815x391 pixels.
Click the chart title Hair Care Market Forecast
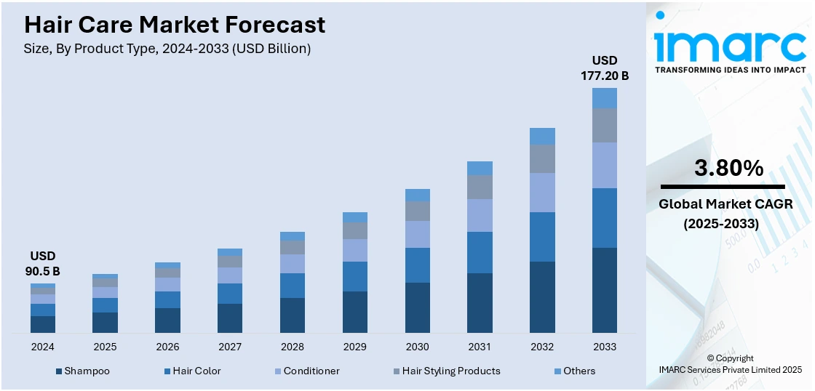pos(175,25)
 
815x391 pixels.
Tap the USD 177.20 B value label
pos(604,68)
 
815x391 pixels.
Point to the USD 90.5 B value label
pos(43,264)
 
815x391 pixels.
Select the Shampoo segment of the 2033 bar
pos(604,290)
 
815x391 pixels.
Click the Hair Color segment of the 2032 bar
pos(542,237)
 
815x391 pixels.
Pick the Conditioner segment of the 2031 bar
pos(480,215)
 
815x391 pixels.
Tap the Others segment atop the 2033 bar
pos(604,98)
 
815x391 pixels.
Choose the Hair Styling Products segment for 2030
pos(417,211)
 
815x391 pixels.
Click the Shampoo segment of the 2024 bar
pos(43,324)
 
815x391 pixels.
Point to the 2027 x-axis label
pos(230,347)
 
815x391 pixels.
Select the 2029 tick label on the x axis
pos(354,347)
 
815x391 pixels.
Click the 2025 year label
pos(105,347)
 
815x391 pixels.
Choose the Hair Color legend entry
pos(196,371)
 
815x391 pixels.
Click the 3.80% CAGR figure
pos(728,169)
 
